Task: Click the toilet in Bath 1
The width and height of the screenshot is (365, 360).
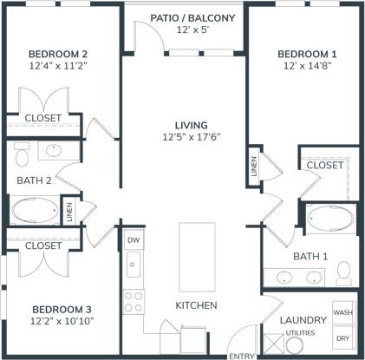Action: [343, 271]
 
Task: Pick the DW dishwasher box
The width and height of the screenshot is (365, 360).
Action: [133, 240]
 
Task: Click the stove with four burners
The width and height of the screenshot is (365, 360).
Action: [133, 301]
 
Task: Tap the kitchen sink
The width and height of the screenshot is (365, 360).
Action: [133, 265]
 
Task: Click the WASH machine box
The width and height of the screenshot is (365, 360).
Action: [342, 312]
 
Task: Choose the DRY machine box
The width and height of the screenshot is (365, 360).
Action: [342, 338]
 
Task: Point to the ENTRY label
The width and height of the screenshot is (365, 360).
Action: [240, 356]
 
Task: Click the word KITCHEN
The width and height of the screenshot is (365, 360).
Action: [196, 305]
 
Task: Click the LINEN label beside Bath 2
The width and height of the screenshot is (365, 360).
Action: [68, 209]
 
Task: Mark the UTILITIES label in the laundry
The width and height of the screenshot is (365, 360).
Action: [300, 331]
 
